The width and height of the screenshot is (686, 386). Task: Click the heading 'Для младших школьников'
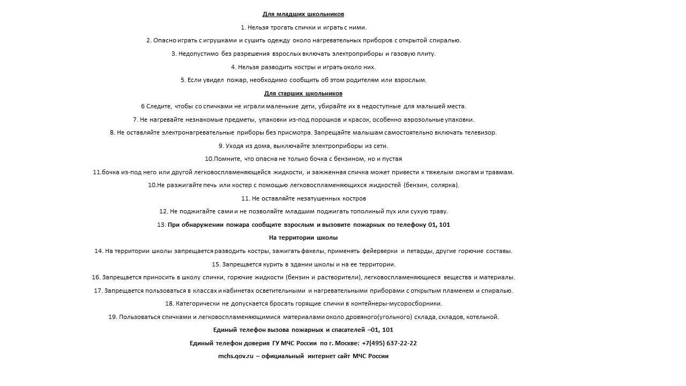303,14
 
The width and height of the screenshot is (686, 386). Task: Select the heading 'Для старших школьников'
303,93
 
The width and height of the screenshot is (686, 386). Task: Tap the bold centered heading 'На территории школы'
303,237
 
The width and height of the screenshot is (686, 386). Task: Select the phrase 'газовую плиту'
415,54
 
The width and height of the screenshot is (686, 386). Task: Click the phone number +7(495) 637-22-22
389,343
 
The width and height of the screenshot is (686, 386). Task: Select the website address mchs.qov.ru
235,356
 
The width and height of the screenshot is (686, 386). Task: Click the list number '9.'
221,146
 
